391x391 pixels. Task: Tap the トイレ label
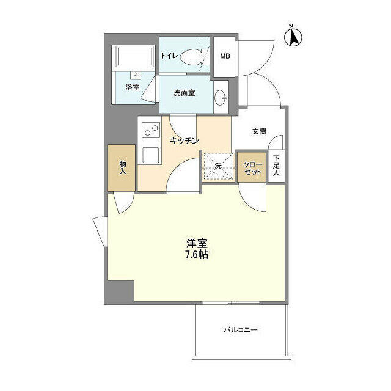(x=169, y=56)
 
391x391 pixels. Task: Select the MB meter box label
(x=225, y=56)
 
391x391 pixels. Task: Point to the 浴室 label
(x=132, y=87)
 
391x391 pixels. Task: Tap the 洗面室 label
(x=184, y=93)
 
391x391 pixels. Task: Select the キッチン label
(x=185, y=141)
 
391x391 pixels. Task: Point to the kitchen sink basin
(x=150, y=155)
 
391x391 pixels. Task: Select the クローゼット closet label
(x=252, y=168)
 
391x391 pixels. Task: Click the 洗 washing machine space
(x=217, y=166)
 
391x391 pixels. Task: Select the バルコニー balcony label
(x=240, y=329)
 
